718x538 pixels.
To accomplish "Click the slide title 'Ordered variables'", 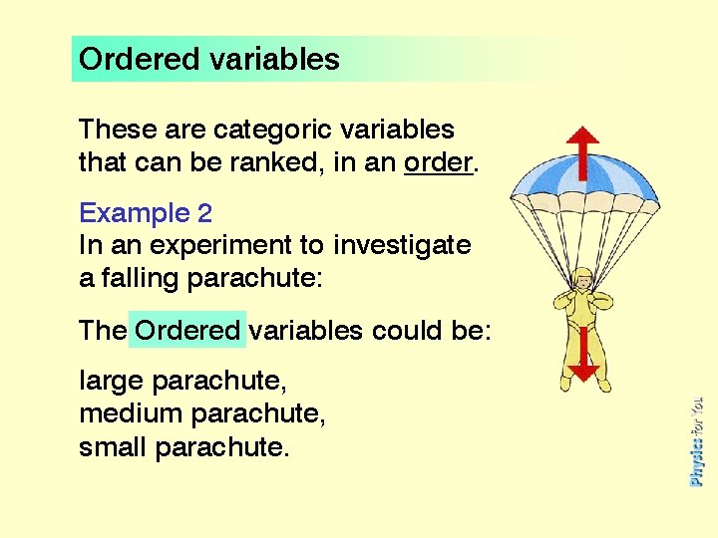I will coord(208,60).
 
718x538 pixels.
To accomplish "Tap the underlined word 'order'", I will coord(438,161).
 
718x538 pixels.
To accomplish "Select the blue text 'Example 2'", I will coord(146,213).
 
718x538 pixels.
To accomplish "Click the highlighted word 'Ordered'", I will coord(187,331).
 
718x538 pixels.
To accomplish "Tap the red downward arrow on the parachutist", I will coord(583,359).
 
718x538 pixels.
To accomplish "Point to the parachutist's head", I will coord(582,283).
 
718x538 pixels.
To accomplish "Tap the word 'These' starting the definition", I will coord(112,131).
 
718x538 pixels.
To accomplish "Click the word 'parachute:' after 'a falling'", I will coord(254,277).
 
